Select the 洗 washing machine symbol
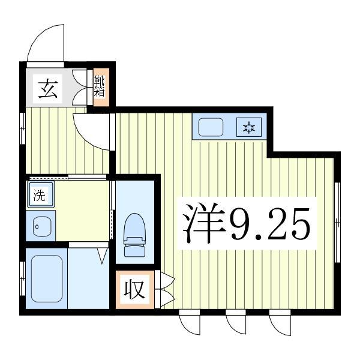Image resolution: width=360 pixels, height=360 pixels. [x=39, y=195]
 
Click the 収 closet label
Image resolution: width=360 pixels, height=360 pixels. [x=135, y=290]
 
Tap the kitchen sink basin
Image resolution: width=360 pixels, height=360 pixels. [x=211, y=128]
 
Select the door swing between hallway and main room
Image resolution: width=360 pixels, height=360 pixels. [x=91, y=128]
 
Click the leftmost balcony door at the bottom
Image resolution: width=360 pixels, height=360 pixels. [x=190, y=325]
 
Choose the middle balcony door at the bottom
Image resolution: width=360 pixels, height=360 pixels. [x=235, y=325]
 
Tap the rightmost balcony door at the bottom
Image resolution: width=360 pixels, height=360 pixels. [x=280, y=325]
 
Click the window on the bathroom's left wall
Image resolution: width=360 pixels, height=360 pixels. [x=22, y=278]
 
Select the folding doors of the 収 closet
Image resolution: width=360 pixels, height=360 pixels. [x=164, y=290]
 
